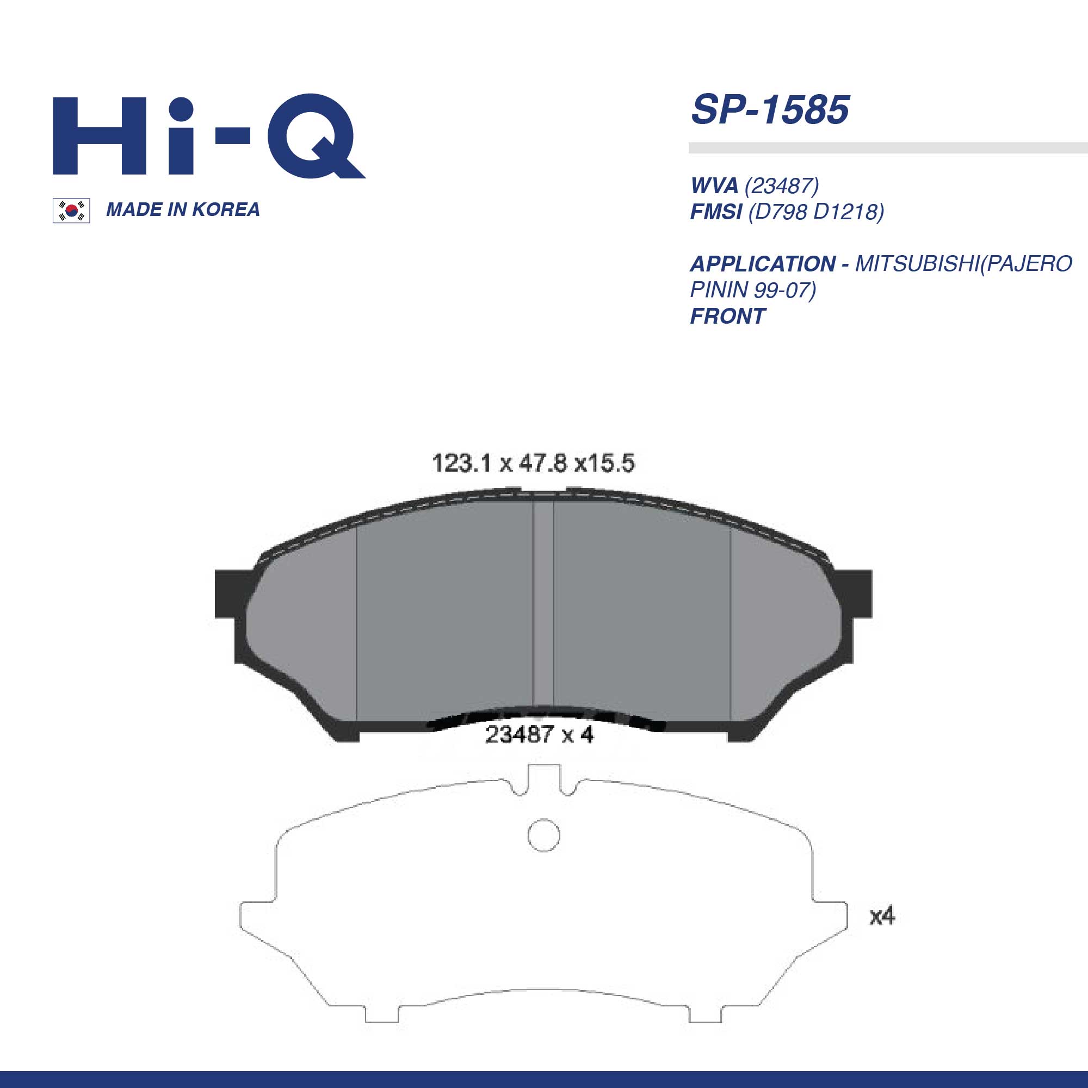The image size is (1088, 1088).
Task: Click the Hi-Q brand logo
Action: coord(209,135)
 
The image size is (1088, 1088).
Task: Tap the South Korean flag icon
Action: coord(71,211)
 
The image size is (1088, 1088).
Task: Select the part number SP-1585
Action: coord(770,109)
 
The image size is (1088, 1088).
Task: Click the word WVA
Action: coord(714,186)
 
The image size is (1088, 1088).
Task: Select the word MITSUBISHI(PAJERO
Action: coord(963,264)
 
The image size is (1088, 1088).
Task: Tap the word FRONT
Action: coord(727,316)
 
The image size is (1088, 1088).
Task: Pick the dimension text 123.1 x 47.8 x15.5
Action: coord(533,463)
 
